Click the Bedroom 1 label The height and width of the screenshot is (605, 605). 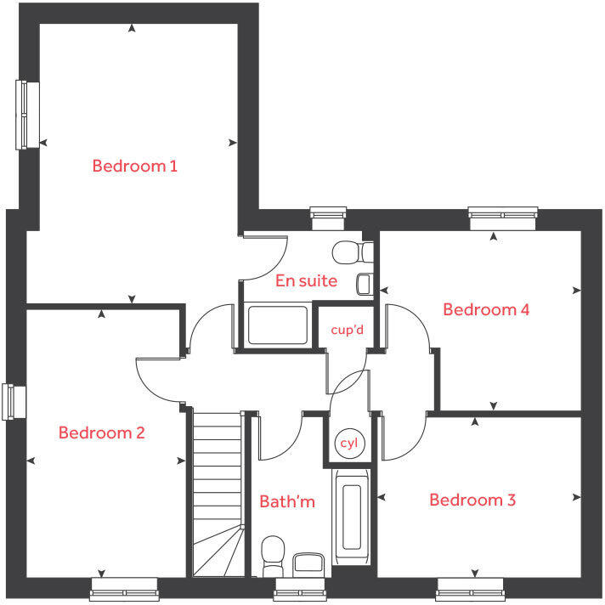[134, 166]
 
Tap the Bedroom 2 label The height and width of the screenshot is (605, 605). [101, 433]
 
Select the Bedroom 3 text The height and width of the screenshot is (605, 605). [472, 500]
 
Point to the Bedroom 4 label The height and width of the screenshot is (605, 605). [486, 309]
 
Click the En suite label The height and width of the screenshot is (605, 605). [306, 280]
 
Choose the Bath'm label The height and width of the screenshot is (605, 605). [287, 501]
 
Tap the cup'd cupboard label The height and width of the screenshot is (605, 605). [347, 329]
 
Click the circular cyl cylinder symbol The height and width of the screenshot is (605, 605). [348, 444]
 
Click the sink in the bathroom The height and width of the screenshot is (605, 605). [308, 563]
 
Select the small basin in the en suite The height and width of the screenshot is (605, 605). [364, 284]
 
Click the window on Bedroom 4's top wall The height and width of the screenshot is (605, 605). [504, 218]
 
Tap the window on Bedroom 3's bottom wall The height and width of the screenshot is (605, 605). [472, 588]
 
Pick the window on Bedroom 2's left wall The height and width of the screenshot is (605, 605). [9, 402]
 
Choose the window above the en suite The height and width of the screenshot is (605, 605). [329, 218]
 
